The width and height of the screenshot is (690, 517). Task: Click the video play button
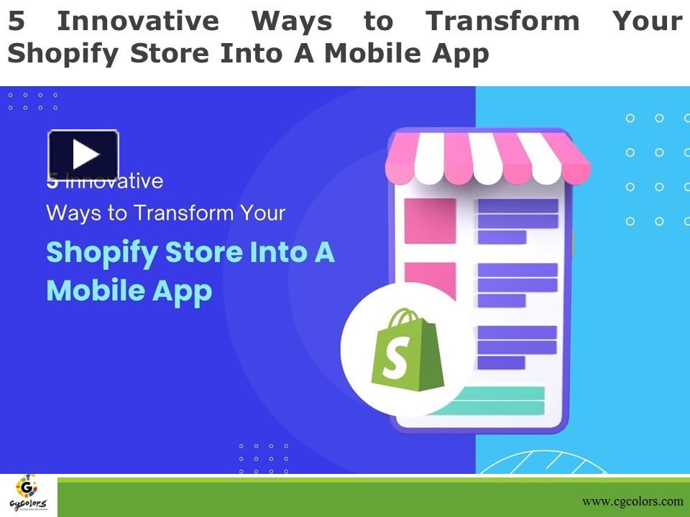coord(83,154)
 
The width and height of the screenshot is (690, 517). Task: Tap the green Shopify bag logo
coord(407,350)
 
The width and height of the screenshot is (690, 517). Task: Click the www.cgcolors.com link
coord(632,501)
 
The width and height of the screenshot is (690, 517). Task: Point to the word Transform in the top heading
coord(502,22)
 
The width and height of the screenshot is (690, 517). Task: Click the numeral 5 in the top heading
coord(17,22)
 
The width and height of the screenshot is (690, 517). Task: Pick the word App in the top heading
coord(462,54)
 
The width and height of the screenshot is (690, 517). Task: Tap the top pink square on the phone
coord(430,220)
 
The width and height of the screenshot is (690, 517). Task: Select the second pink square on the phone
coord(430,279)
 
